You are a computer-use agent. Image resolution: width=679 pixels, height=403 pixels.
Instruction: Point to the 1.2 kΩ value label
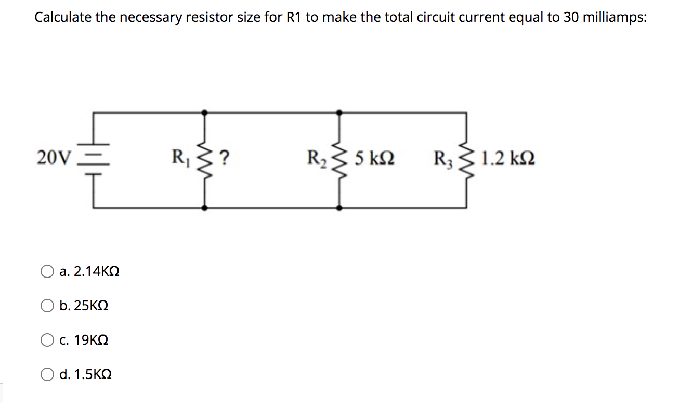[508, 158]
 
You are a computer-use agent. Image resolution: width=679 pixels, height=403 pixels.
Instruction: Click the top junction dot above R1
[205, 111]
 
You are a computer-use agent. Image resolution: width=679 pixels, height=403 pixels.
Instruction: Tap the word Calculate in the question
[58, 18]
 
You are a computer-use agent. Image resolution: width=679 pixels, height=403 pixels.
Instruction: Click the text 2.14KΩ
[97, 271]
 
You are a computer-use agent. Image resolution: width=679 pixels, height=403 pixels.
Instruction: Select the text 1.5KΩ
[93, 375]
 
